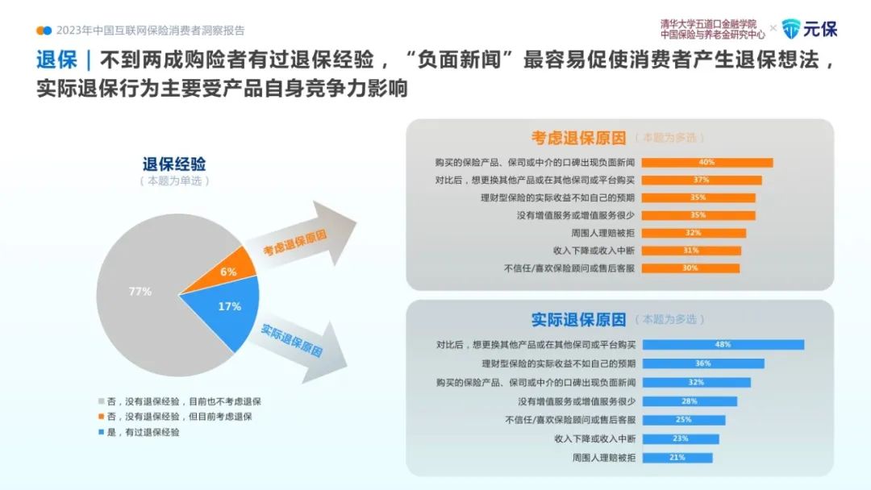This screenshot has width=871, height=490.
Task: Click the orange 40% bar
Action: (x=707, y=163)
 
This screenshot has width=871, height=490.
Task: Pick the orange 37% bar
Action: (x=702, y=181)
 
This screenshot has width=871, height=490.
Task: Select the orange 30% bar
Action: (x=690, y=268)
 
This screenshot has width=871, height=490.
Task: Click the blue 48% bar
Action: (x=723, y=345)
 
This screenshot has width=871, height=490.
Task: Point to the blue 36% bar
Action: (x=703, y=363)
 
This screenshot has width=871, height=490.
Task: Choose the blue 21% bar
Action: (x=677, y=458)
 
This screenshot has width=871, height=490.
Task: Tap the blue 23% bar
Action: (x=681, y=439)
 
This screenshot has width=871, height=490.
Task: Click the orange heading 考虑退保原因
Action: (x=578, y=138)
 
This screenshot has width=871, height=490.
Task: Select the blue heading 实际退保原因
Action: (x=578, y=320)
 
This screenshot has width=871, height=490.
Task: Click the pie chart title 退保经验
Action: (x=174, y=164)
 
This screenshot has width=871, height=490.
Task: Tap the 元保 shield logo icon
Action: (x=791, y=29)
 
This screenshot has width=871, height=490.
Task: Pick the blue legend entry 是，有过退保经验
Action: (x=139, y=432)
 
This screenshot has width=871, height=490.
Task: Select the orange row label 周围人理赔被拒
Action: (x=602, y=233)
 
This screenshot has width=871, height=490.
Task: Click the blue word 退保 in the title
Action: (x=56, y=60)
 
